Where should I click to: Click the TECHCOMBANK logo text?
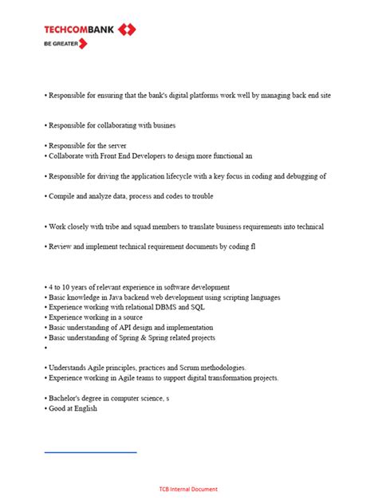79,30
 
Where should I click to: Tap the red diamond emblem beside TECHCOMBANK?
127,30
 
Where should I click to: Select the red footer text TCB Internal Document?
188,489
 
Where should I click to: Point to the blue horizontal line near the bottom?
90,452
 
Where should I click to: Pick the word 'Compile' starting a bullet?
61,196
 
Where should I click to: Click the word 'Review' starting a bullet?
61,247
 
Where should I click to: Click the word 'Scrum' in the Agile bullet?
200,368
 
